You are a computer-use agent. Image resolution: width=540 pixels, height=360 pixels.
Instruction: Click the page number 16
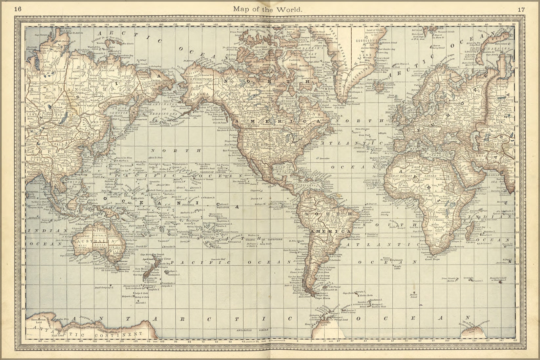18,9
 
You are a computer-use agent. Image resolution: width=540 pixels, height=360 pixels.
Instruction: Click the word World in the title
289,9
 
